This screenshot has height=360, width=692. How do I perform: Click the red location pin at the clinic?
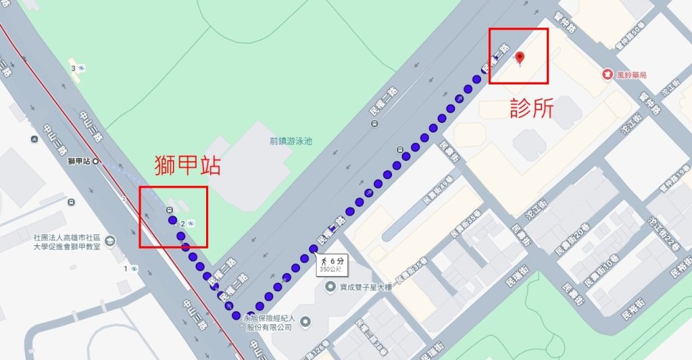520,58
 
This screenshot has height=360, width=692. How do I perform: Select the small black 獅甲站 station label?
80,161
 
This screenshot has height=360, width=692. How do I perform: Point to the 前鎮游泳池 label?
291,142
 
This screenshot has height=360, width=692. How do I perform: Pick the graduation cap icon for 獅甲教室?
110,241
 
